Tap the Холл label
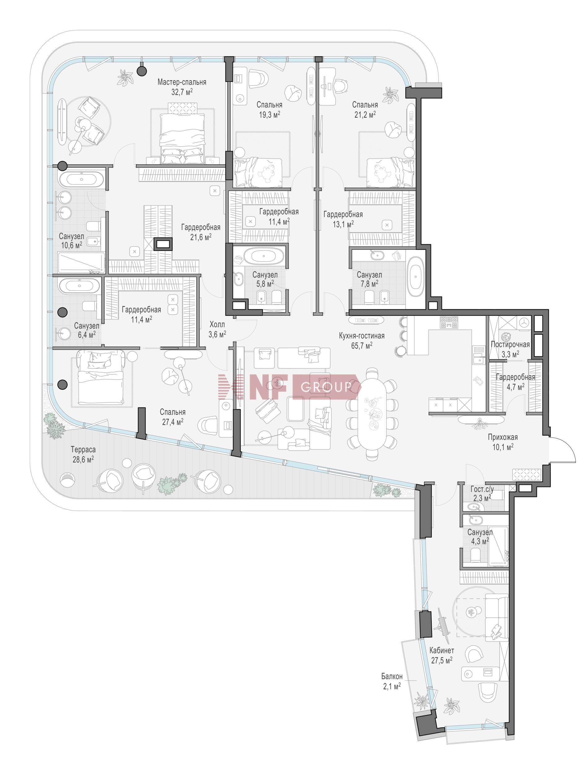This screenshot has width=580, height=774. (217, 324)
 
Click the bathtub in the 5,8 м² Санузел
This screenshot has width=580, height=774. (262, 256)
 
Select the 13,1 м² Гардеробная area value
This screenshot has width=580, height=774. (343, 224)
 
